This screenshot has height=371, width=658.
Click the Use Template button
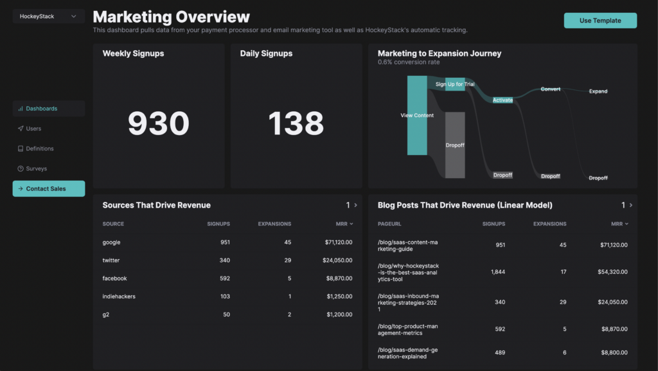600,21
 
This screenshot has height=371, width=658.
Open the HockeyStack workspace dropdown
49,16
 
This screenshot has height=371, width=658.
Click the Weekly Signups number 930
159,123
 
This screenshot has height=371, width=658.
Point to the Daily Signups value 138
296,123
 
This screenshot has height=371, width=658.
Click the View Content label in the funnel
417,115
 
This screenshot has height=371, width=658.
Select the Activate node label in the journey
502,100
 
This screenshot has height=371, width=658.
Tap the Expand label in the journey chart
598,91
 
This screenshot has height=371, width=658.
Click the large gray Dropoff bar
455,145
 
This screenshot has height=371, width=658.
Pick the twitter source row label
111,260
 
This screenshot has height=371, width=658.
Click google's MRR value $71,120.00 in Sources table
339,242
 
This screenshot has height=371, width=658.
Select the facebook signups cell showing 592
224,278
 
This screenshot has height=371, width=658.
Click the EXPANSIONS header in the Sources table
274,224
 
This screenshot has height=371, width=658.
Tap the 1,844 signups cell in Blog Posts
498,272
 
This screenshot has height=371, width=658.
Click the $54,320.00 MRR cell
612,272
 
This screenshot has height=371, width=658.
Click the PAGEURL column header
389,224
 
